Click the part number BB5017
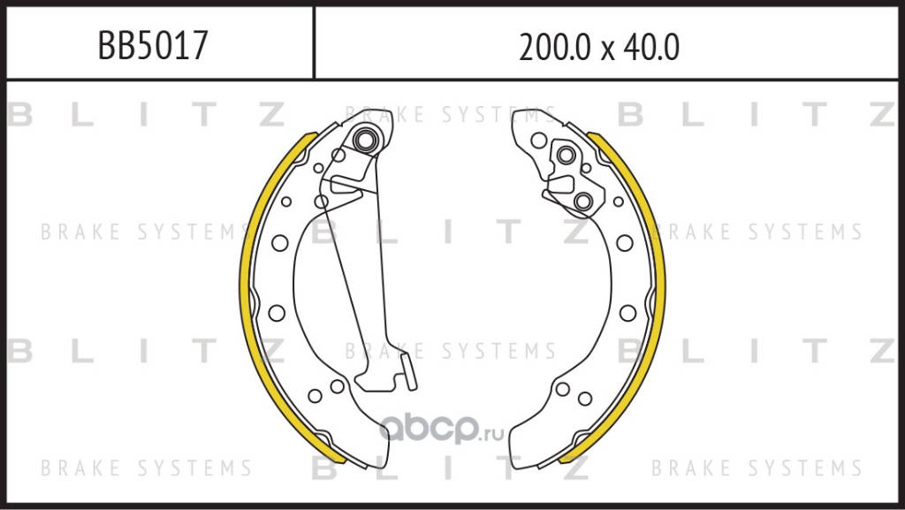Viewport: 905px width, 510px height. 152,46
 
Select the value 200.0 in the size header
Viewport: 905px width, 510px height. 555,48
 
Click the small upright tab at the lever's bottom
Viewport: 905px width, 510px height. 409,371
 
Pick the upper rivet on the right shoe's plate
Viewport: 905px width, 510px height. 566,155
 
